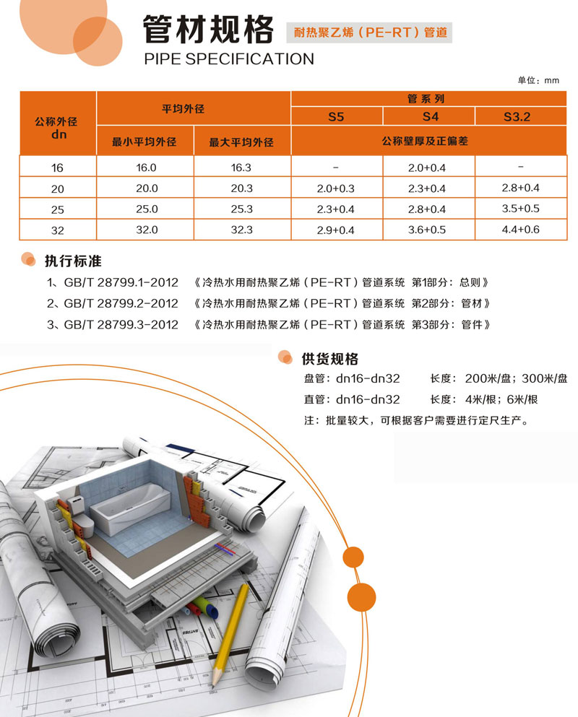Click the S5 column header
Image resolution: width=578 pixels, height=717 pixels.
tap(336, 117)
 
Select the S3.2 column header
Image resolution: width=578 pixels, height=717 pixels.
tap(517, 117)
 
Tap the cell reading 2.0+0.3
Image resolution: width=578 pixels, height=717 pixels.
tap(335, 188)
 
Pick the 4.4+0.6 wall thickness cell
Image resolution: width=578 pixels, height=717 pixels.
tap(521, 229)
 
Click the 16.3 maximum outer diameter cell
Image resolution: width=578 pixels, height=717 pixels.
tap(241, 168)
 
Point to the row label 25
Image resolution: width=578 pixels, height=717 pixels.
tap(58, 209)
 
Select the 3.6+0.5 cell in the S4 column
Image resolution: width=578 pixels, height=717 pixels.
tap(427, 230)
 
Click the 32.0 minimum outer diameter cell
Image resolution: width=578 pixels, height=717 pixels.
tap(147, 230)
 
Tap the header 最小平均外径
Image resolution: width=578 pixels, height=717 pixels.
tap(144, 142)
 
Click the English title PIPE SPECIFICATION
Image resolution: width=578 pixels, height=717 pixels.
tap(229, 59)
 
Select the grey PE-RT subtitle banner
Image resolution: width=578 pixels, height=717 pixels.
tap(369, 32)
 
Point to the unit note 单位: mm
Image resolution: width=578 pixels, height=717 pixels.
tap(538, 80)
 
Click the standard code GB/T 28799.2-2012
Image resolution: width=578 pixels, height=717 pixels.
tap(121, 303)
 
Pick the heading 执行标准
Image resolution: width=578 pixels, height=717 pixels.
tap(73, 261)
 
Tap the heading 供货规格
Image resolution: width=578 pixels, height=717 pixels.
tap(330, 359)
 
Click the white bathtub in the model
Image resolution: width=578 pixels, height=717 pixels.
tap(130, 508)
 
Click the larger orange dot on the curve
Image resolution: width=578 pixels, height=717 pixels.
tap(361, 597)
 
